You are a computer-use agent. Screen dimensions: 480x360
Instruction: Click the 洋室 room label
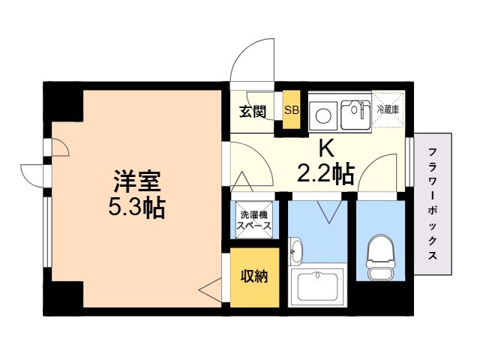(137, 181)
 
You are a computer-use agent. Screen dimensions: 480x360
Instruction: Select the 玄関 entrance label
(253, 112)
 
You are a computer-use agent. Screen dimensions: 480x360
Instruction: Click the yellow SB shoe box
(291, 109)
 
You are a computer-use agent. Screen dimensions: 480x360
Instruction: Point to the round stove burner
(323, 115)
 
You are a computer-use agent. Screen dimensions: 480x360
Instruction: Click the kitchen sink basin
(355, 115)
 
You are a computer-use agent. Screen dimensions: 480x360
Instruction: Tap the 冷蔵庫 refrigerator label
(388, 109)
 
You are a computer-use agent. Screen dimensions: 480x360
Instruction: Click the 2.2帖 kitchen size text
(325, 174)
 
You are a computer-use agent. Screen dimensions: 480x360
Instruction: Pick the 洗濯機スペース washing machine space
(254, 220)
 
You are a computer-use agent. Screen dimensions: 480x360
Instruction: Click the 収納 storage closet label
(254, 277)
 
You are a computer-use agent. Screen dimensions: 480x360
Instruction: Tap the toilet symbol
(381, 258)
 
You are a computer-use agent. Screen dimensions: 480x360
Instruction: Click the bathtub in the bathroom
(318, 287)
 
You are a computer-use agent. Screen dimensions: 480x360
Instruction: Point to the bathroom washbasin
(295, 250)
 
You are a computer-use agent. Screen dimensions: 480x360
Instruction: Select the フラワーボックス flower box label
(432, 203)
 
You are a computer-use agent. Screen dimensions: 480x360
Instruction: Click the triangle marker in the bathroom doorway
(329, 211)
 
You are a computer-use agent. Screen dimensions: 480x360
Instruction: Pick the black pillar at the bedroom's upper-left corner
(63, 102)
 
